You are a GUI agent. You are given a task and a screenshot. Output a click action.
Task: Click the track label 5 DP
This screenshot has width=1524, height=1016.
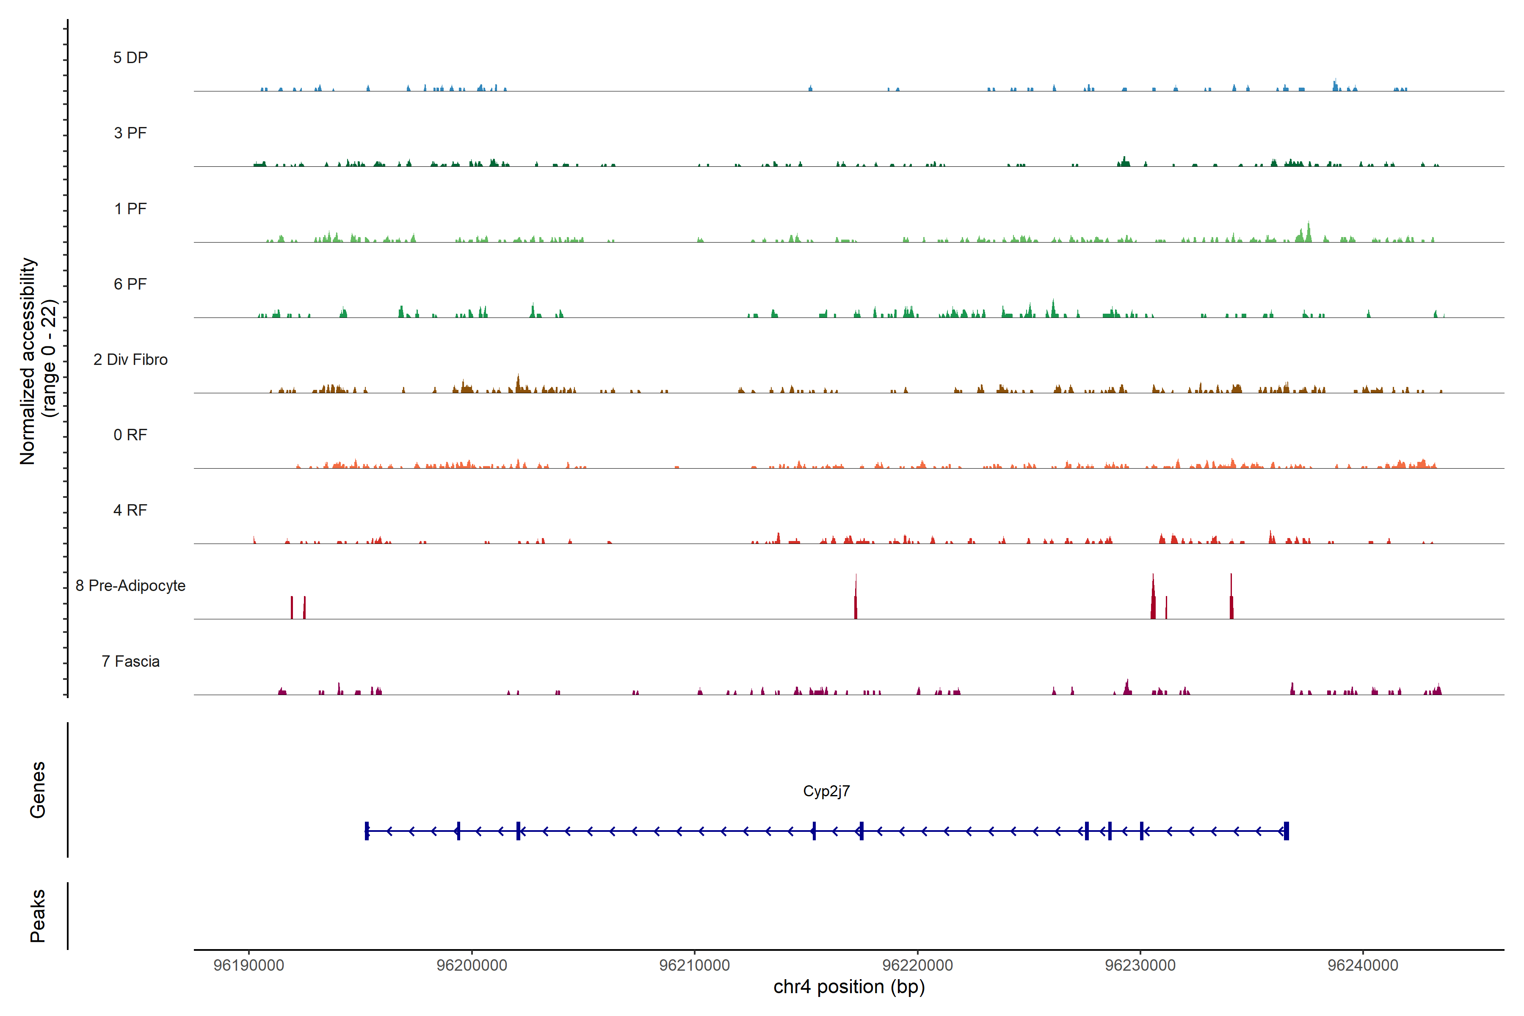tap(130, 58)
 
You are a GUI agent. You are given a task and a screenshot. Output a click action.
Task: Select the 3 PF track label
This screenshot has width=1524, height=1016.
tap(130, 133)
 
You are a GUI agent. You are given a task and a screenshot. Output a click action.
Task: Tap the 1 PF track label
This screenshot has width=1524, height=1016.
tap(130, 209)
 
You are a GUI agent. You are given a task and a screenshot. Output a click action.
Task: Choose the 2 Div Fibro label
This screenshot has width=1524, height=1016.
tap(130, 359)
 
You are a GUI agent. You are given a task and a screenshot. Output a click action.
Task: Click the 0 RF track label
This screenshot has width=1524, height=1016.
tap(130, 435)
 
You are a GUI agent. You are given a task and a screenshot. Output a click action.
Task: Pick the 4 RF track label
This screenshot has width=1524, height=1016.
tap(130, 510)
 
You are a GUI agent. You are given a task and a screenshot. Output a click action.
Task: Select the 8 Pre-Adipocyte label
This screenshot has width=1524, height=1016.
tap(130, 586)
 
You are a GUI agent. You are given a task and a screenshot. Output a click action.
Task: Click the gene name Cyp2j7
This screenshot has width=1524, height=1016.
tap(826, 791)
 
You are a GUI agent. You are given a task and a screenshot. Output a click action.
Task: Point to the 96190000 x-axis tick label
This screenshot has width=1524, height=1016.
tap(249, 966)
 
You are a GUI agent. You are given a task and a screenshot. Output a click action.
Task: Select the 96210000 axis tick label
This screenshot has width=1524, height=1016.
tap(695, 966)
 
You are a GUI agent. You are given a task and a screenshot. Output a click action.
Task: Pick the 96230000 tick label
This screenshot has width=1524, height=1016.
tap(1140, 966)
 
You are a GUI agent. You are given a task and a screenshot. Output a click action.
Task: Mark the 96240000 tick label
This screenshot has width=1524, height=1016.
tap(1363, 966)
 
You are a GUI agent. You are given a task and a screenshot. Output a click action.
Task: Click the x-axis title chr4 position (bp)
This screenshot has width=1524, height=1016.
tap(849, 987)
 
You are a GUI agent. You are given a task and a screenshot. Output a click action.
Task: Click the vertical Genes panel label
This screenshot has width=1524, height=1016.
tap(38, 790)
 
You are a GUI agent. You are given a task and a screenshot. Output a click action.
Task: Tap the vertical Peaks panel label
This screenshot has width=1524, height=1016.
tap(38, 916)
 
